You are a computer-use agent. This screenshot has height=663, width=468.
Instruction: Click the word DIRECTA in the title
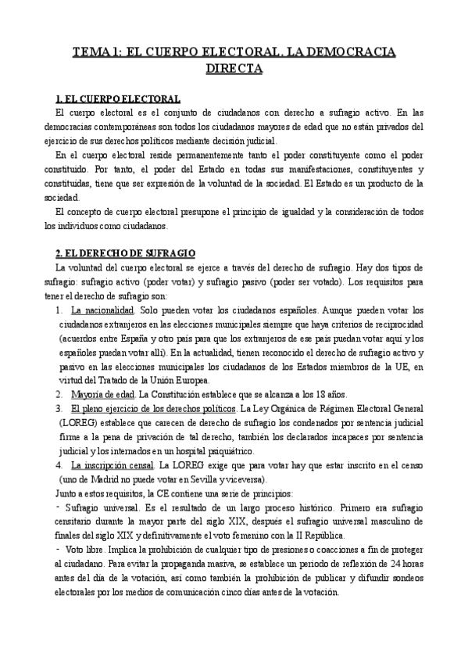pos(234,69)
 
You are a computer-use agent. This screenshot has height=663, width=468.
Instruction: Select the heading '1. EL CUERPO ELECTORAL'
pos(118,99)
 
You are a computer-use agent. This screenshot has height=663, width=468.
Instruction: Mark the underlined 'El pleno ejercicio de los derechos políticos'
pos(153,408)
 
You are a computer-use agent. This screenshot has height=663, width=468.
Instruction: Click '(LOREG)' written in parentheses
pos(75,422)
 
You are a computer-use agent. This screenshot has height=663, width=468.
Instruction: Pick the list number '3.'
pos(59,408)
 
